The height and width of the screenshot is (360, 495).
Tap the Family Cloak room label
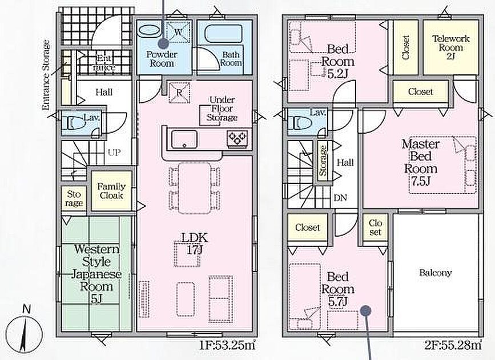tap(111, 191)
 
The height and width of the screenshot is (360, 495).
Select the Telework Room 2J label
tap(451, 48)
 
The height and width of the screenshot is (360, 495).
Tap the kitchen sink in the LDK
tap(184, 139)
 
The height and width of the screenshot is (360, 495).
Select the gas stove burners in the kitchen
tap(237, 138)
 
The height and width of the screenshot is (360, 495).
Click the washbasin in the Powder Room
tap(150, 31)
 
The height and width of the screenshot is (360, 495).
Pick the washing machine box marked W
tap(178, 31)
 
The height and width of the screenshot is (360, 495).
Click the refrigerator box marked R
tap(179, 93)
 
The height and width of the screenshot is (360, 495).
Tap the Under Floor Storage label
tap(222, 109)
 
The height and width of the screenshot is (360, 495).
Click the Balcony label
tap(435, 273)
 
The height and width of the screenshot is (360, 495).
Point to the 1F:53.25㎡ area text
tap(227, 345)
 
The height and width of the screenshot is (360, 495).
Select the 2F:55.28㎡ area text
tap(453, 345)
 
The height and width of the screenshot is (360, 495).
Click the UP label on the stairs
tap(114, 153)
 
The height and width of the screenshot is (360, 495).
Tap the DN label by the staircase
tap(340, 198)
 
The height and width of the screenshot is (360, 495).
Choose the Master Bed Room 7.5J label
tap(421, 162)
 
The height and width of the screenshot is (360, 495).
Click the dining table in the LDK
tap(195, 189)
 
